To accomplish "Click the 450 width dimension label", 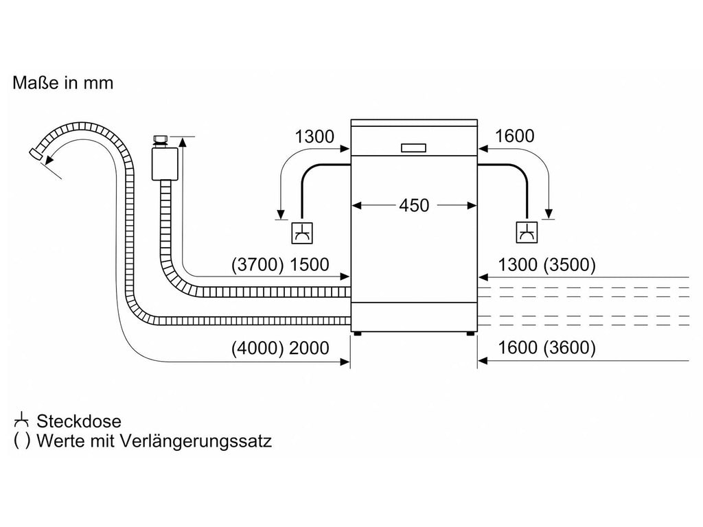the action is point(414,206).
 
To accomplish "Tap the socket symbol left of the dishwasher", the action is point(302,233).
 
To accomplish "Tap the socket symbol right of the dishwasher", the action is point(527,233).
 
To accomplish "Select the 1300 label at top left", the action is point(314,137).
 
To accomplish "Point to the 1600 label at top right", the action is point(514,137).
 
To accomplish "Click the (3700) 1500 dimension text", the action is point(280,264).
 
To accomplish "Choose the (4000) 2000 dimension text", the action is point(280,348).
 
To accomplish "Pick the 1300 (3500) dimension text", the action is point(547,264).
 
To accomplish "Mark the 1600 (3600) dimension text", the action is point(547,348).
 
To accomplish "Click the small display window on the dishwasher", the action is point(413,148).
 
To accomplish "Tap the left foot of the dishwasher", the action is point(357,333).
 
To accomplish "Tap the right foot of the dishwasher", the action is point(470,333).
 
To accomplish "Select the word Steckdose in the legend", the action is point(79,421).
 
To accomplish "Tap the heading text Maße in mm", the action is point(62,83).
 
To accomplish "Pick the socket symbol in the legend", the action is point(21,421).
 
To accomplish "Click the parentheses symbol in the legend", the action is point(22,441).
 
